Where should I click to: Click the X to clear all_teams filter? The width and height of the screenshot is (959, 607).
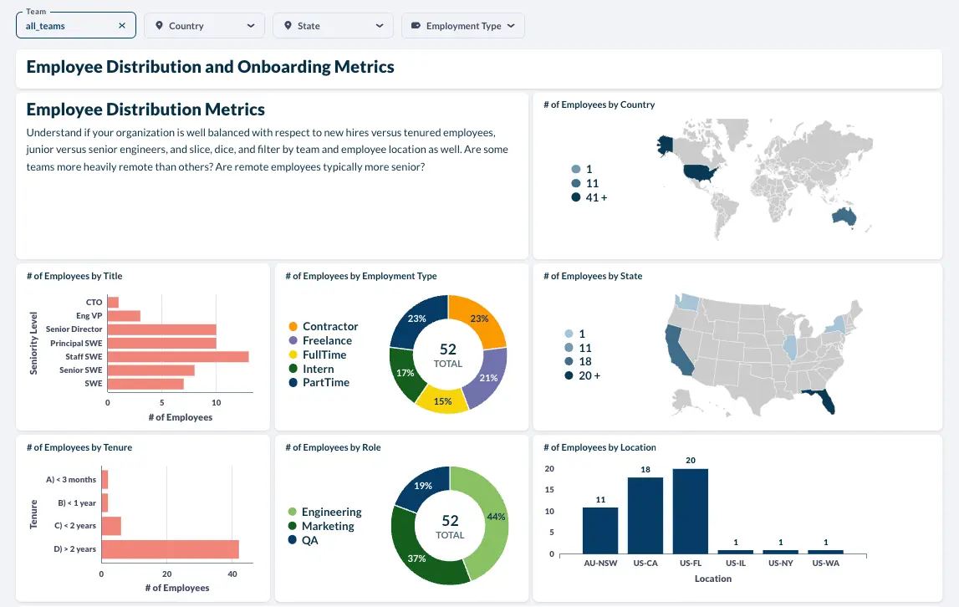click(x=122, y=26)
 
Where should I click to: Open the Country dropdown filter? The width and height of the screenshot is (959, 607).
click(x=204, y=26)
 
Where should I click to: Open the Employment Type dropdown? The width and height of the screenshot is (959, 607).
click(x=463, y=26)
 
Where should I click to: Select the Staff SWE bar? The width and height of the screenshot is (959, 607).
click(x=178, y=357)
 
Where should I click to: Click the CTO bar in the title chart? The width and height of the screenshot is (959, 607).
click(x=113, y=303)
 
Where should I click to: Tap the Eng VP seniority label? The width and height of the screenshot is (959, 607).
click(x=89, y=316)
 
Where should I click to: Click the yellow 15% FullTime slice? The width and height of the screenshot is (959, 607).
click(x=442, y=400)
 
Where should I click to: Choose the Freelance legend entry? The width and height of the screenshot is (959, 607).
click(x=320, y=340)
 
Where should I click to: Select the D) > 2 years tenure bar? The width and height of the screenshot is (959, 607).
click(x=170, y=548)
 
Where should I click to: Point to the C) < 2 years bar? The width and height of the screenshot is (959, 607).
click(x=111, y=526)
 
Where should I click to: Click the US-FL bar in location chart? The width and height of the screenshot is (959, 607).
click(x=691, y=512)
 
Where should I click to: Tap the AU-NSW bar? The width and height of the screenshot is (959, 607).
click(x=600, y=531)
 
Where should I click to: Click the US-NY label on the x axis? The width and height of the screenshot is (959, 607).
click(x=780, y=563)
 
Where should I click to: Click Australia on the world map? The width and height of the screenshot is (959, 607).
click(x=844, y=217)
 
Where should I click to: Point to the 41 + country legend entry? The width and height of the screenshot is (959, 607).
click(x=589, y=197)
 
